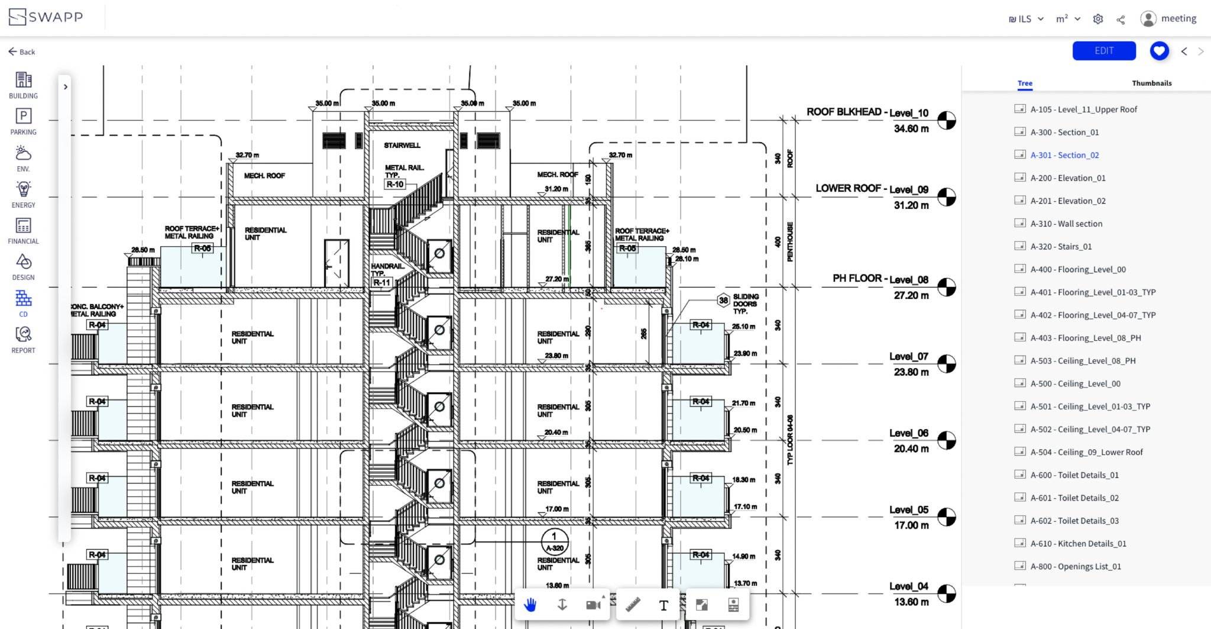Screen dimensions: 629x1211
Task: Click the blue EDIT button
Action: click(x=1103, y=51)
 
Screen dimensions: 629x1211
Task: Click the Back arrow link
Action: click(x=22, y=52)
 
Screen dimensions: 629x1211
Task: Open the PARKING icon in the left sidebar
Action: click(x=23, y=121)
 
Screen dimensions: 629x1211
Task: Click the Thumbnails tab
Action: click(x=1151, y=83)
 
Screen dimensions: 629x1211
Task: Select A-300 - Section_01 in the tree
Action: click(x=1064, y=133)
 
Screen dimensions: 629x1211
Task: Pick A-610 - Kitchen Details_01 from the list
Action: click(x=1078, y=544)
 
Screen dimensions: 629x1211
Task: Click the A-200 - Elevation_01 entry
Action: click(x=1067, y=178)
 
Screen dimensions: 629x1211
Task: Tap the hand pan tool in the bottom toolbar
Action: click(x=530, y=604)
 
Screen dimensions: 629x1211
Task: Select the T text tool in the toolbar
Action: click(x=663, y=605)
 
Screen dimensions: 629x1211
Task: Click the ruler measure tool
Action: click(x=633, y=604)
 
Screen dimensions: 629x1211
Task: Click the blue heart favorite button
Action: click(x=1159, y=51)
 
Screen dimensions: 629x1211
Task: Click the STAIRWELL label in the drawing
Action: click(x=402, y=146)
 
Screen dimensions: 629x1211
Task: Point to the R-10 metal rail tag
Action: click(x=395, y=185)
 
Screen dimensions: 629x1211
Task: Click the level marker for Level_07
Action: click(x=946, y=364)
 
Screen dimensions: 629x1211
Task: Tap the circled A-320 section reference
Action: click(x=555, y=542)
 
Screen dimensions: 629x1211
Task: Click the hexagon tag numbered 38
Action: click(x=723, y=301)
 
